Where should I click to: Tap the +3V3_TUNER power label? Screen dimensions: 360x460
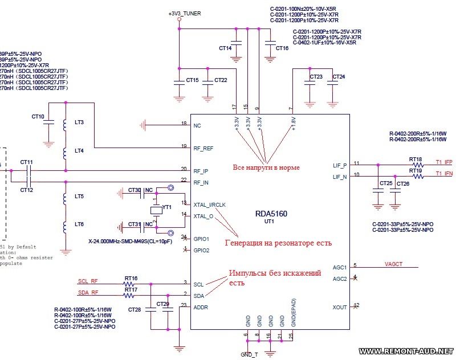[185, 13]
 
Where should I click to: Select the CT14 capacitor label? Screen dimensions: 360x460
[225, 48]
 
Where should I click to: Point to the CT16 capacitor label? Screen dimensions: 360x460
[282, 48]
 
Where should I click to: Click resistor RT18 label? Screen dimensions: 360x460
[416, 159]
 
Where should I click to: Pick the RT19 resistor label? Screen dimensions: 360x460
[416, 170]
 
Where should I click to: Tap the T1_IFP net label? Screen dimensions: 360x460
[443, 162]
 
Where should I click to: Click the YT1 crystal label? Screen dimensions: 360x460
[167, 208]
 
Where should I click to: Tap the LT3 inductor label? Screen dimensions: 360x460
[79, 122]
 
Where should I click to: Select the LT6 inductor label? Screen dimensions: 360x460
[79, 224]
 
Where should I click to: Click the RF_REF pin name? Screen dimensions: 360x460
[203, 148]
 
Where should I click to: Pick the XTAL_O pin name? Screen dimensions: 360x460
[203, 216]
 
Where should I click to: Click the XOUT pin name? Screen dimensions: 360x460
[340, 307]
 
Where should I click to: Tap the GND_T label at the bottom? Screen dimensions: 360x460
[250, 354]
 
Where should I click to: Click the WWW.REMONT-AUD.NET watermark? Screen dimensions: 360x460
[406, 350]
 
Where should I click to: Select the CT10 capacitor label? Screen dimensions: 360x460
[38, 117]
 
